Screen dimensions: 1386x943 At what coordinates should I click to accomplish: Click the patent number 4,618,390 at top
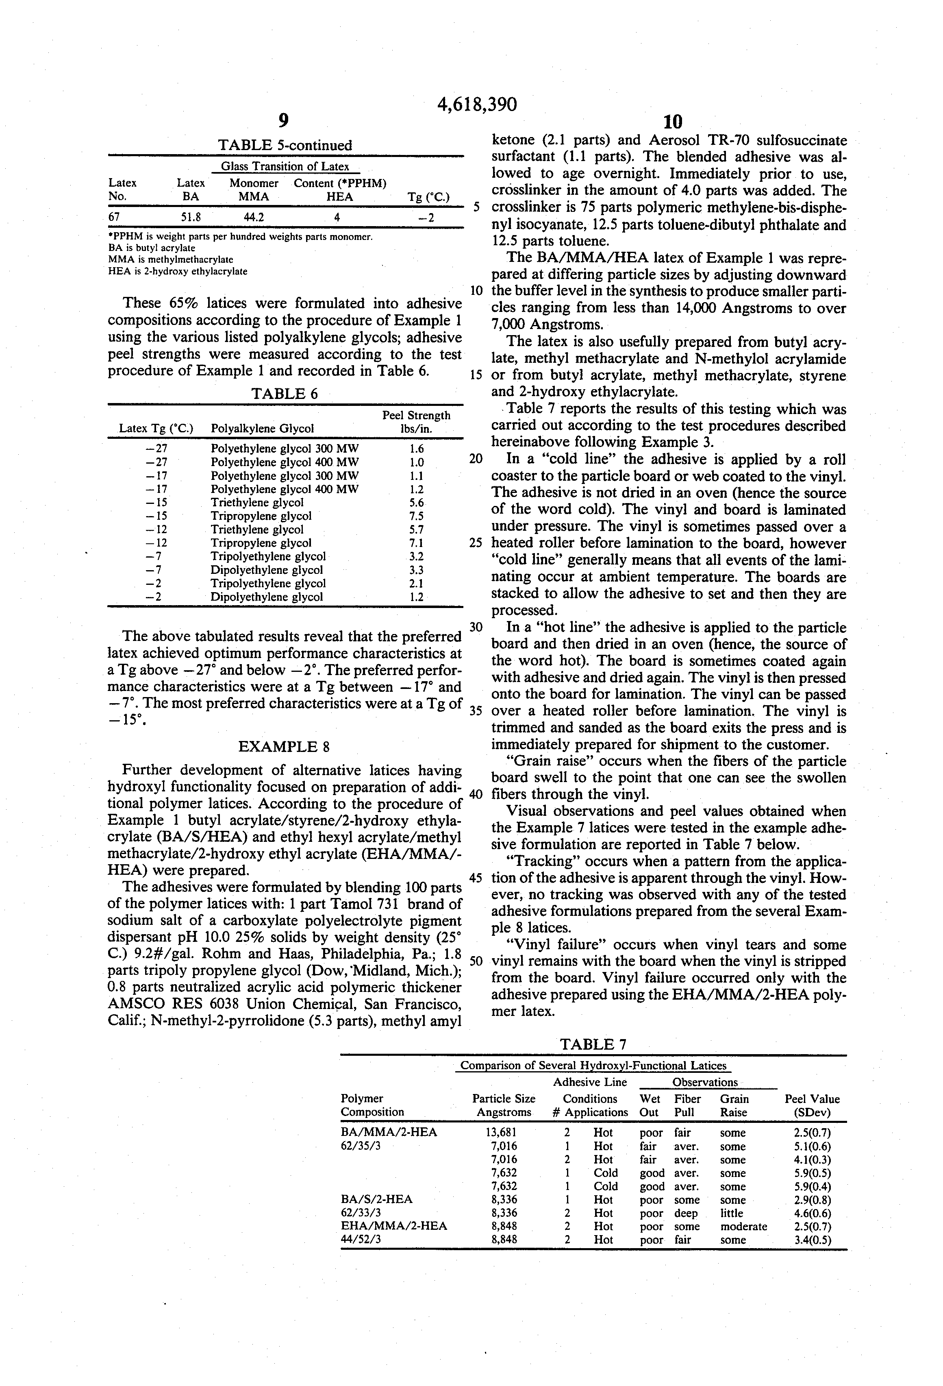(477, 105)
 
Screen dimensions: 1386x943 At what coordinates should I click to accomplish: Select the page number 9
(284, 121)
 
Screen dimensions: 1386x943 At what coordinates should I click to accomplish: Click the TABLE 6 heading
(285, 394)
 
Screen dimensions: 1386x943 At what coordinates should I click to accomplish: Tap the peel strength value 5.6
(417, 503)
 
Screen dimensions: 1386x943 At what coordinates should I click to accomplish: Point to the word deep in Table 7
(685, 1213)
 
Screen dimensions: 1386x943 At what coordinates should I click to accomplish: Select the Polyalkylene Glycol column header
(262, 428)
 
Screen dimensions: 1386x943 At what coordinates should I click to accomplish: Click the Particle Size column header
(504, 1105)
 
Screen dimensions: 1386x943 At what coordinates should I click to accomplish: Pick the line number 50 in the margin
(476, 961)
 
